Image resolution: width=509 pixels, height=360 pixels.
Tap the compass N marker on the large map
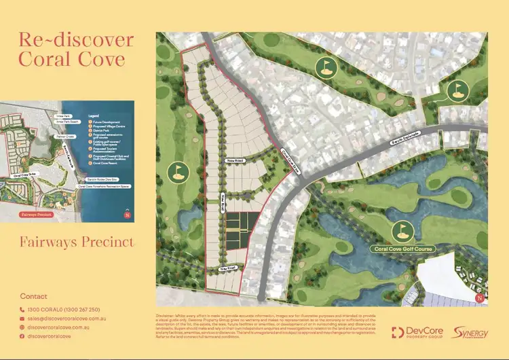[x=480, y=298]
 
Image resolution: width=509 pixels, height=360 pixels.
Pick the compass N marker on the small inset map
[x=127, y=216]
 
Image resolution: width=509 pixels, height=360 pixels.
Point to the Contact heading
[x=34, y=296]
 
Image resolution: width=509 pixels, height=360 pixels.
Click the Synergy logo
[x=468, y=333]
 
